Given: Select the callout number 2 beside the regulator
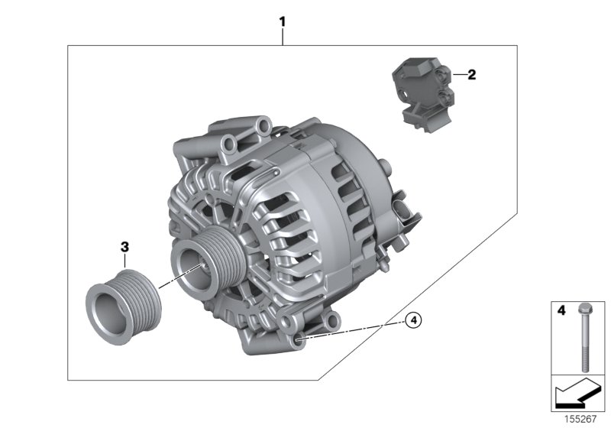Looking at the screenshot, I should pyautogui.click(x=471, y=74).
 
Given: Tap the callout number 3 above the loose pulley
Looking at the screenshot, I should pyautogui.click(x=124, y=246).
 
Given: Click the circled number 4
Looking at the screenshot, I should pyautogui.click(x=413, y=320).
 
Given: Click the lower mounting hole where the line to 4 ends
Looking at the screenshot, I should pyautogui.click(x=297, y=336).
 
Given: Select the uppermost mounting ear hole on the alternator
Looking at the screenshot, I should pyautogui.click(x=263, y=124).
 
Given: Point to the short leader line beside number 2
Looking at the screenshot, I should pyautogui.click(x=457, y=74).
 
